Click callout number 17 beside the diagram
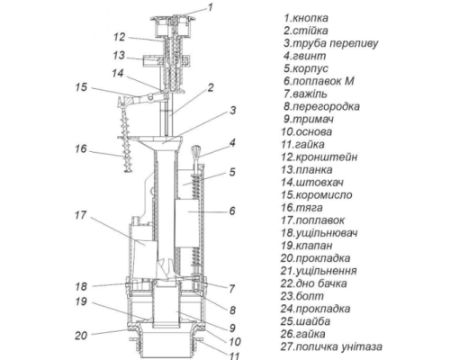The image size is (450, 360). click(80, 215)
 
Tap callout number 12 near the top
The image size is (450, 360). click(119, 37)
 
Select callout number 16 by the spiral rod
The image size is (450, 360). click(81, 148)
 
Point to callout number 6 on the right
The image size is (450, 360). click(232, 211)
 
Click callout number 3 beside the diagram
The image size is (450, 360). click(233, 111)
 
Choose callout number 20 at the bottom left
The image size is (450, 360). click(81, 335)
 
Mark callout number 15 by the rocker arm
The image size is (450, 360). click(81, 87)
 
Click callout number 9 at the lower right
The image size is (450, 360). click(232, 328)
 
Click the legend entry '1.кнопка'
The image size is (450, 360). click(306, 18)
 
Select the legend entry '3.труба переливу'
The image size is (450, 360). click(331, 43)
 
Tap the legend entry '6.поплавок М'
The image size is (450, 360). click(319, 81)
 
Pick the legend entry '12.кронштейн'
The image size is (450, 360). click(319, 157)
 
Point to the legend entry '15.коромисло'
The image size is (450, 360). click(317, 194)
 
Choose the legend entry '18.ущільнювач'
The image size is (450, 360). click(319, 233)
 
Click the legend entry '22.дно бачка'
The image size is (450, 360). click(314, 283)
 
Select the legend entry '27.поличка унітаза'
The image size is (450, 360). click(331, 346)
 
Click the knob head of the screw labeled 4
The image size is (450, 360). click(195, 151)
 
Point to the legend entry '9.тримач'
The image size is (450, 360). click(309, 119)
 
